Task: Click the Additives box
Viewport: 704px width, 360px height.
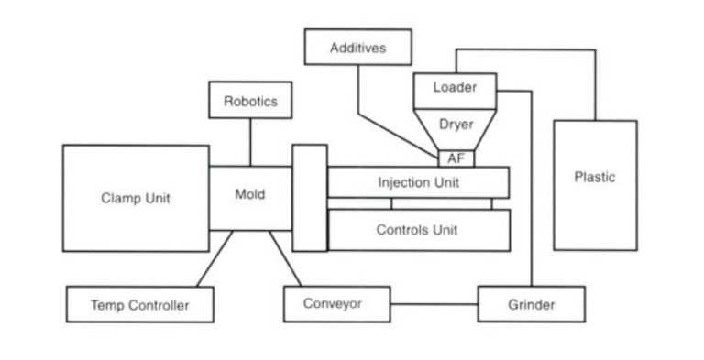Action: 357,48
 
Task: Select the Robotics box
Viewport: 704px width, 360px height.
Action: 250,101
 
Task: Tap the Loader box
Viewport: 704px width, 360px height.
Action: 455,89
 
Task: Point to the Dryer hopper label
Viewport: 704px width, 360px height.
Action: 456,124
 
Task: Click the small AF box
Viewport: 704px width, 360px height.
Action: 456,158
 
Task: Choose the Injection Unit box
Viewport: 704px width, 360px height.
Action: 418,182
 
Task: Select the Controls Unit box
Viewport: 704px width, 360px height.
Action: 418,230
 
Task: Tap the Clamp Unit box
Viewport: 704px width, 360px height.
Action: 135,198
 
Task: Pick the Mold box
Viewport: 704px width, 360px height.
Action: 250,195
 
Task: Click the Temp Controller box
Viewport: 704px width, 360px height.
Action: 139,305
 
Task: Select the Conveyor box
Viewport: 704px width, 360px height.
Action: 336,303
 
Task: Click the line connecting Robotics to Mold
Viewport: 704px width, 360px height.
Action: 250,142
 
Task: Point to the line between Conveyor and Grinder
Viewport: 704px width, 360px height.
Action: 434,303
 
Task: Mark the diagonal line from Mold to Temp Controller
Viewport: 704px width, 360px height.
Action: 214,258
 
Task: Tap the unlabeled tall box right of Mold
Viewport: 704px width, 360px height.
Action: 310,197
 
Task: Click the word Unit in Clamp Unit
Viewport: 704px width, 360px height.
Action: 157,198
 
